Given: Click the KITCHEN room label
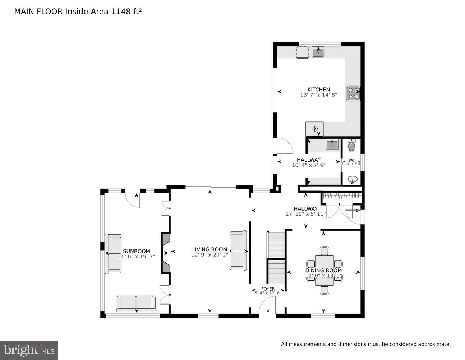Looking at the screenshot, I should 318,90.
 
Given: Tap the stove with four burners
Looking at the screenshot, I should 353,93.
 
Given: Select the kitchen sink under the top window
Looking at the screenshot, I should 318,53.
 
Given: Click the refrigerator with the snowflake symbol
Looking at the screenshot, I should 314,129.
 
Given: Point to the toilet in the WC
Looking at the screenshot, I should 351,146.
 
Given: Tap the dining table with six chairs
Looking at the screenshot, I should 324,270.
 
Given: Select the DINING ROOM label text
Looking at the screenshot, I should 323,270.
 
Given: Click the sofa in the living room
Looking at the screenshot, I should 238,251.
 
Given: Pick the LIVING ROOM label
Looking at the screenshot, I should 210,249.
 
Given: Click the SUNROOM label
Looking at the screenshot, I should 137,251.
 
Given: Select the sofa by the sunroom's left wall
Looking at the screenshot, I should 113,253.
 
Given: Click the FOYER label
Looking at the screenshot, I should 268,289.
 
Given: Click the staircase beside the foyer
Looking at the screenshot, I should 276,257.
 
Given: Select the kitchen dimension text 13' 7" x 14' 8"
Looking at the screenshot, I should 318,95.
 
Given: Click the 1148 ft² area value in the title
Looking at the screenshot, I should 126,12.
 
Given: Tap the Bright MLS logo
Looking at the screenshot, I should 29,350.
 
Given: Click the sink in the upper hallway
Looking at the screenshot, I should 332,145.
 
